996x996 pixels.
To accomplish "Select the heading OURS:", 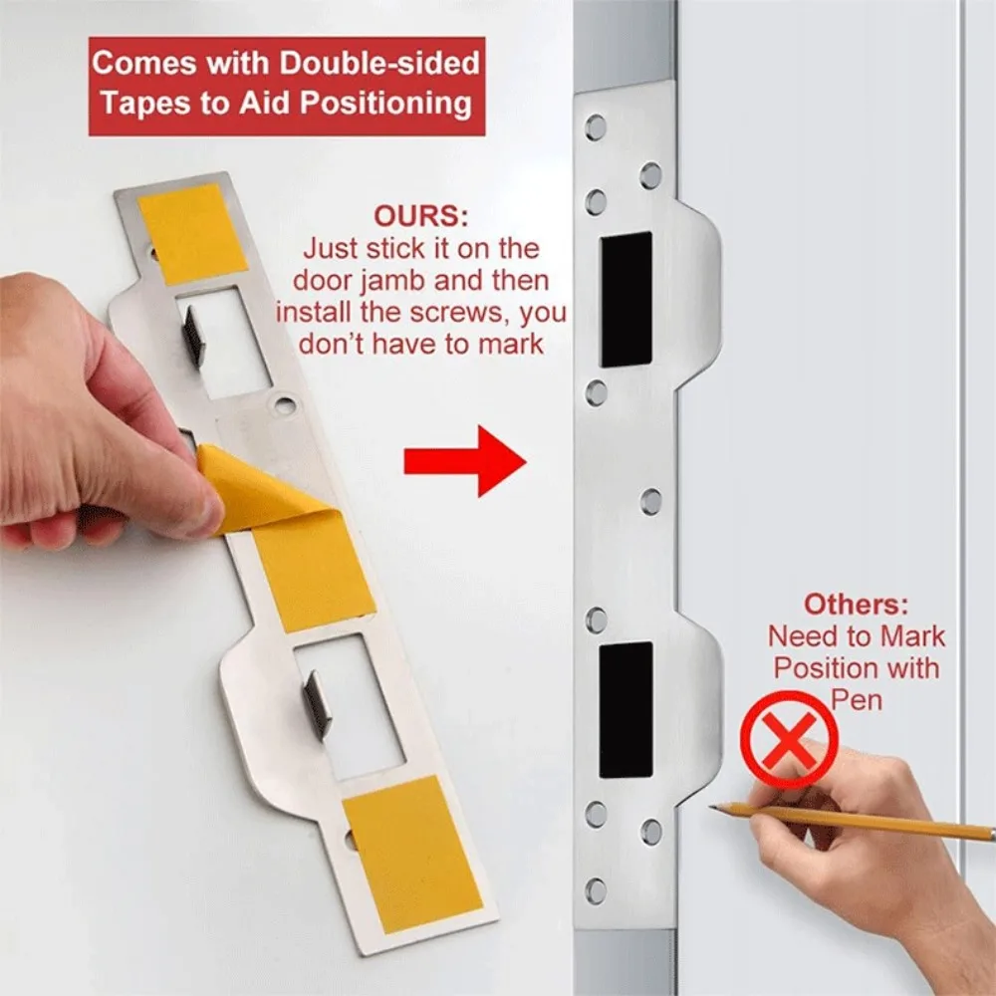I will point(419,216).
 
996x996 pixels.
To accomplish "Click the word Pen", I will point(857,699).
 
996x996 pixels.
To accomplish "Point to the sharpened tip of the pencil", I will point(713,808).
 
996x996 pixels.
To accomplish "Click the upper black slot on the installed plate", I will point(626,300).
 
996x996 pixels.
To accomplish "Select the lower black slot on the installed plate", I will point(626,709).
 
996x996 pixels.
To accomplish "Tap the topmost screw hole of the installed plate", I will point(596,127).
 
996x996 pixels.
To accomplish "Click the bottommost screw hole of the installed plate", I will point(596,889).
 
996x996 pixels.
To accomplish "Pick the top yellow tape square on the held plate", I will point(192,233).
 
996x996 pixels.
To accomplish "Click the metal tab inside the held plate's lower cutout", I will point(317,703).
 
